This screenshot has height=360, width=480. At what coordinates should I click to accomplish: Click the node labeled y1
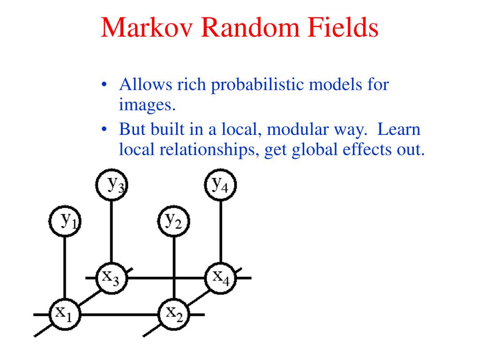65,221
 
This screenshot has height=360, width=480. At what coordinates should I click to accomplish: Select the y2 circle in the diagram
173,221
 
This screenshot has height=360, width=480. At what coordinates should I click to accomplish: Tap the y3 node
112,185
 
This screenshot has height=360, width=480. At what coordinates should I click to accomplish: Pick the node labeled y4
220,185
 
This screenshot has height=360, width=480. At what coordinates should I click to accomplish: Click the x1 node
65,315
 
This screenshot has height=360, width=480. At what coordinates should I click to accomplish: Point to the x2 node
173,315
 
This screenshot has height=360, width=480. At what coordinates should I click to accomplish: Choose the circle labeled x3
112,278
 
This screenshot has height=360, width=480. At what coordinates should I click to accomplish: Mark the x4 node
220,278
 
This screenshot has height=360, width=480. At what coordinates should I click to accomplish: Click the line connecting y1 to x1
65,268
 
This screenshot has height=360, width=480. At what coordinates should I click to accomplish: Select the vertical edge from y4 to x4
221,232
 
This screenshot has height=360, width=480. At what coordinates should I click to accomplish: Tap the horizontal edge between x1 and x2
120,315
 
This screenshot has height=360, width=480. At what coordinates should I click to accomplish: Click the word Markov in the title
147,28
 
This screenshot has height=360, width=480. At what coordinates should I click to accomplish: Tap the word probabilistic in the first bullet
260,85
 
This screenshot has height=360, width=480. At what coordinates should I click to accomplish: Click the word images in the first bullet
147,105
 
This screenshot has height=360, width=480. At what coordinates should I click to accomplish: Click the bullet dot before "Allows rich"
104,84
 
